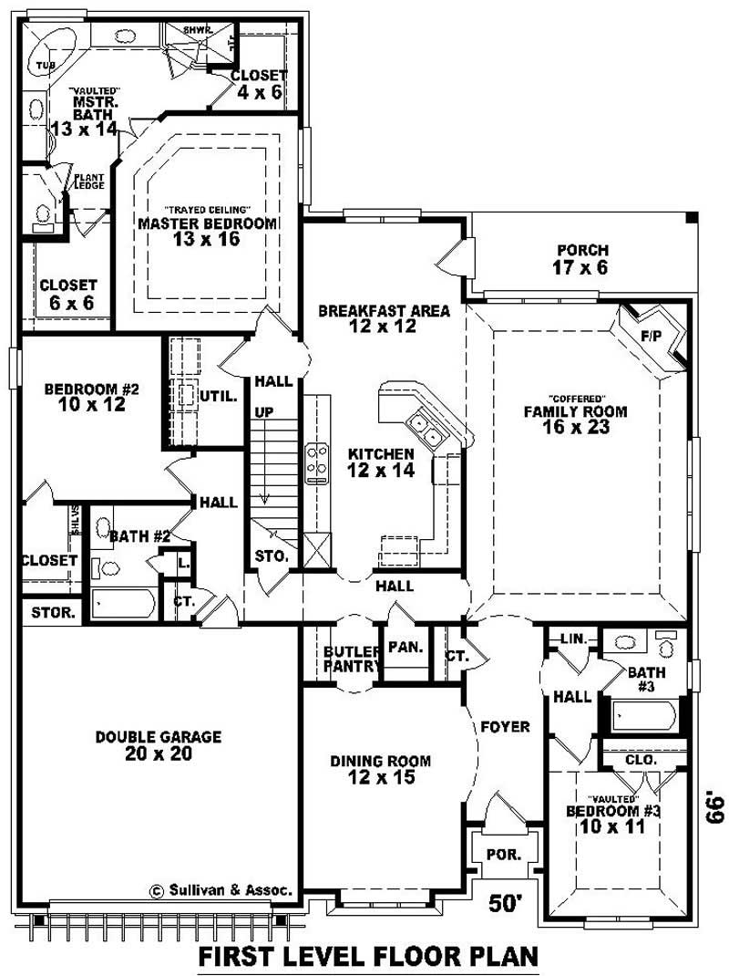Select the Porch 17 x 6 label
(580, 259)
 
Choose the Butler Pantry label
(351, 659)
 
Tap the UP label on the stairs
(263, 413)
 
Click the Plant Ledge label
(89, 182)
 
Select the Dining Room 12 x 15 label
(381, 769)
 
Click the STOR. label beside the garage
(52, 612)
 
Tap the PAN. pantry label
(405, 647)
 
